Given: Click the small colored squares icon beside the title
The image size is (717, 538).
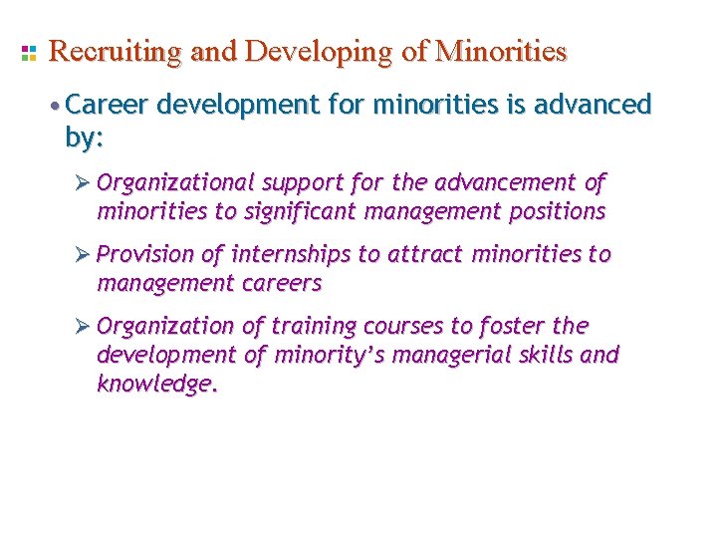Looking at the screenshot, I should pyautogui.click(x=28, y=51).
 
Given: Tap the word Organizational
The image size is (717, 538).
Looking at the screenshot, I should pyautogui.click(x=176, y=183).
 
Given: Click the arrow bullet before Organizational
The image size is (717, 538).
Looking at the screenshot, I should pyautogui.click(x=84, y=183).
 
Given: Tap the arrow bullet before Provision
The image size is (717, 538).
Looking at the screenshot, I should pyautogui.click(x=84, y=255).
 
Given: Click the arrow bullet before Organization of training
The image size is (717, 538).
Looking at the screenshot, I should pyautogui.click(x=84, y=327).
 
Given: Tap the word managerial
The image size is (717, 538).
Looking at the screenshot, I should pyautogui.click(x=428, y=355).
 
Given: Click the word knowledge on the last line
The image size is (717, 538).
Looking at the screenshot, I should pyautogui.click(x=154, y=384).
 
